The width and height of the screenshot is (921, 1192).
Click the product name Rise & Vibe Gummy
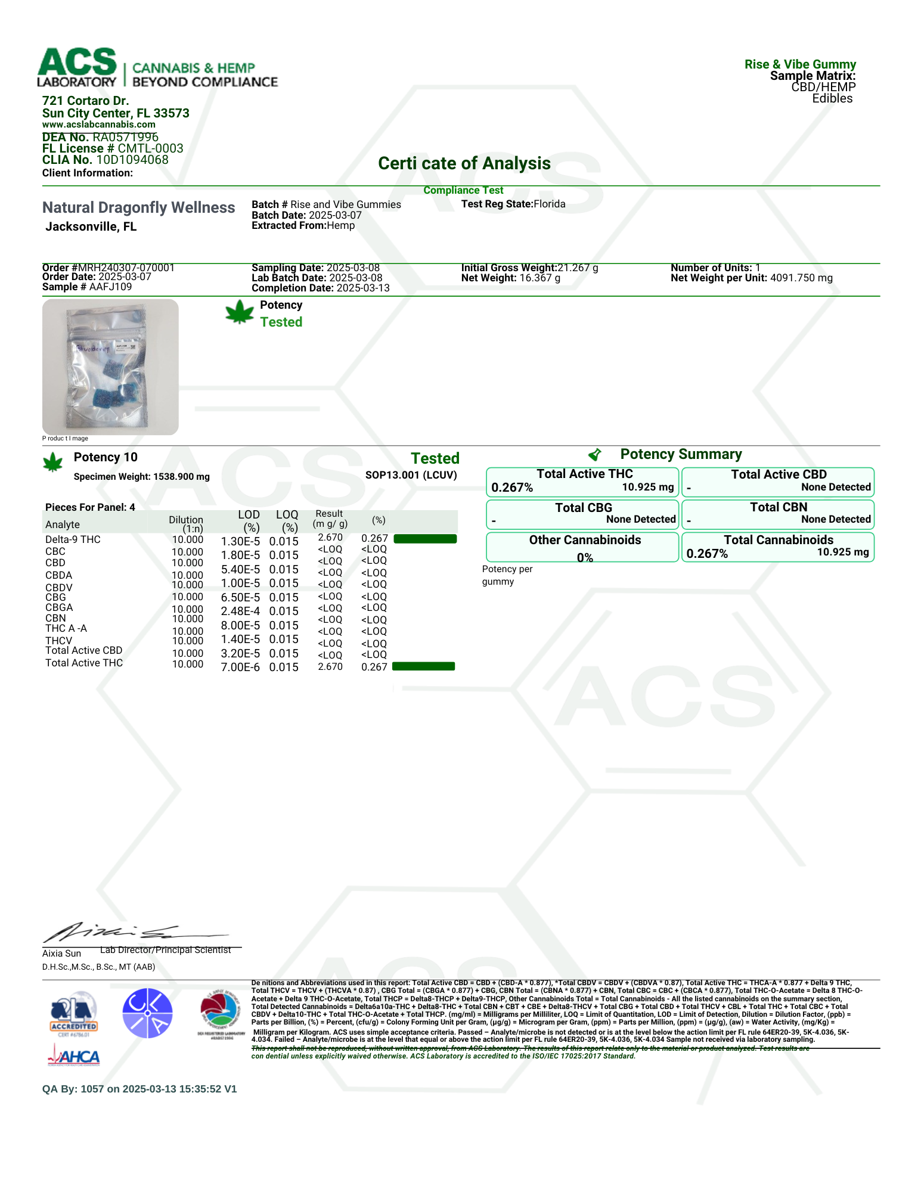coord(800,64)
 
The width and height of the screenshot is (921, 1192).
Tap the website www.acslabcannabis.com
coord(98,125)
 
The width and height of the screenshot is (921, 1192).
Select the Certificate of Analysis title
coord(464,163)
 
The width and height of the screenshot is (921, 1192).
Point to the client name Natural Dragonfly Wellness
coord(138,207)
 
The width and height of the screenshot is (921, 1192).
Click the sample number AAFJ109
coord(110,287)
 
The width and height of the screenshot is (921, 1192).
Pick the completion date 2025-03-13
coord(363,288)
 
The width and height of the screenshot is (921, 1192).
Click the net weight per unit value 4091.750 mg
coord(801,278)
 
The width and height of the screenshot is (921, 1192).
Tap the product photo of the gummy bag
coord(110,367)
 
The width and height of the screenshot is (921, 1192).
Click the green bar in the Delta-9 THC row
coord(425,539)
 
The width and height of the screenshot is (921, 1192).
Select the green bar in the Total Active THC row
coord(423,666)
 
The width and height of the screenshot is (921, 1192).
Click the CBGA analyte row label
coord(59,607)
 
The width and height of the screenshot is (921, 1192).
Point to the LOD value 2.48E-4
coord(240,611)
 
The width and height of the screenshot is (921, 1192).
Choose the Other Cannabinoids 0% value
coord(585,558)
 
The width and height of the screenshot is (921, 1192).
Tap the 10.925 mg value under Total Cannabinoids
coord(842,552)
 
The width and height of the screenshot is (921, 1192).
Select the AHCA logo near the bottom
coord(74,1057)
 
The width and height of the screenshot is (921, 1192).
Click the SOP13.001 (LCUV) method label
coord(411,475)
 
